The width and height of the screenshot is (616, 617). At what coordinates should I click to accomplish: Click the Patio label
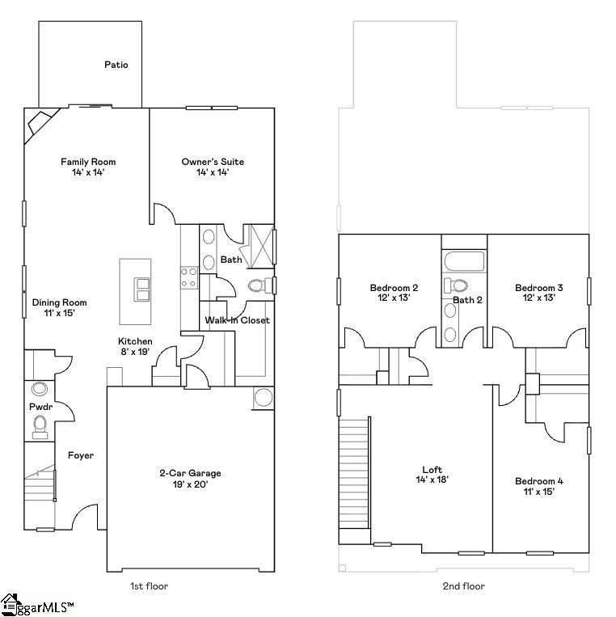click(x=116, y=65)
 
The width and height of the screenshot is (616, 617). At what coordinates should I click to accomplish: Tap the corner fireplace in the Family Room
click(x=40, y=125)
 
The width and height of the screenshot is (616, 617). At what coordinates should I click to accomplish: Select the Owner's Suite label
click(x=213, y=162)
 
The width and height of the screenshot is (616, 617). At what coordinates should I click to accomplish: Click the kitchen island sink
click(x=141, y=289)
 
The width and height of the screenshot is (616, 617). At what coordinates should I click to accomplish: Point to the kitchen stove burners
click(x=189, y=277)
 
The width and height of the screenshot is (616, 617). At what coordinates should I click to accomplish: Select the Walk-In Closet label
click(x=237, y=320)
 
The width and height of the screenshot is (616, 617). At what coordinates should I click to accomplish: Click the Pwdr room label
click(x=41, y=407)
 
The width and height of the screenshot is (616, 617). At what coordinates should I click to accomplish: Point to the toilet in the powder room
click(x=40, y=427)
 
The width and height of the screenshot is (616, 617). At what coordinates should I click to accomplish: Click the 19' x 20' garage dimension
click(x=190, y=484)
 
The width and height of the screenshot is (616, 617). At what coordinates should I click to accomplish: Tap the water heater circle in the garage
click(x=264, y=397)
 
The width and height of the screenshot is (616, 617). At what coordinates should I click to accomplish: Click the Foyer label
click(x=81, y=455)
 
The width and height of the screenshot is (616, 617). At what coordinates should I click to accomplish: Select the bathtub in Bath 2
click(x=464, y=261)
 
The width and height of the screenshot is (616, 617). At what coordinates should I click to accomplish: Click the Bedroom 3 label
click(x=539, y=288)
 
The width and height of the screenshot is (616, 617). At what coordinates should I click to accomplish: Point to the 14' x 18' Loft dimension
click(x=432, y=480)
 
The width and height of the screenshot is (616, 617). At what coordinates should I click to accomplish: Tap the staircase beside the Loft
click(x=354, y=474)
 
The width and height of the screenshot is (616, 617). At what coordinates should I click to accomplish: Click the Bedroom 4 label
click(x=539, y=481)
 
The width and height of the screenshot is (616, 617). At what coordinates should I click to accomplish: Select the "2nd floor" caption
click(x=464, y=586)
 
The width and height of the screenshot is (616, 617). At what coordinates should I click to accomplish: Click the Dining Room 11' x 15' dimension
click(x=59, y=313)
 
